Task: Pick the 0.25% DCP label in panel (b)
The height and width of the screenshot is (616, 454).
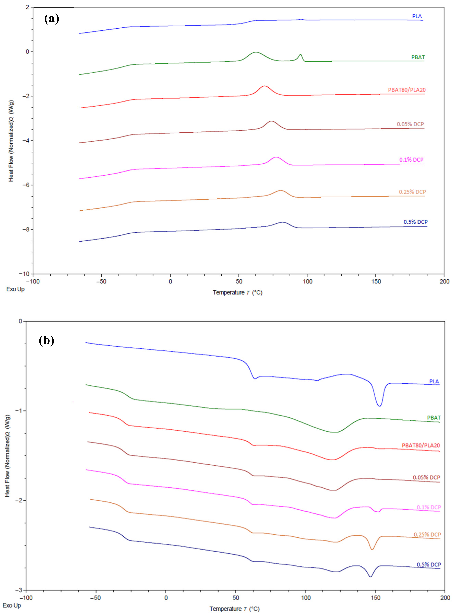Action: [427, 534]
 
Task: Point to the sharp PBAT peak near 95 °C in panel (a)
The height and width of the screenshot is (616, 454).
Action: [300, 55]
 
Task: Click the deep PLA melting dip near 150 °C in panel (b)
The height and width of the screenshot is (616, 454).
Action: [379, 406]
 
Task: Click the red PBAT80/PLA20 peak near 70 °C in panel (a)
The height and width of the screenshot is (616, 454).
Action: [264, 86]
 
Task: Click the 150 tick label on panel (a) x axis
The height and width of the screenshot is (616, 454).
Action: [376, 282]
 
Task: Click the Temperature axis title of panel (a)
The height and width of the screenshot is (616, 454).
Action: [237, 293]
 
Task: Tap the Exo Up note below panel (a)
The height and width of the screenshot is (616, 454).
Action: [15, 289]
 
